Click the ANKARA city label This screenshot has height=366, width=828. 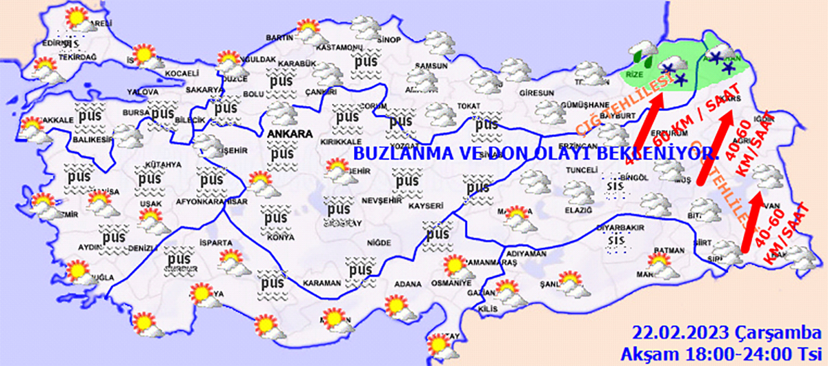tap(286, 134)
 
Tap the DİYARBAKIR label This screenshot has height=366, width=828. tap(620, 227)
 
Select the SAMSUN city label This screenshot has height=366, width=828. tap(426, 66)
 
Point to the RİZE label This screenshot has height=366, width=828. tap(633, 73)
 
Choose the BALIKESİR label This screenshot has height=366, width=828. tap(92, 139)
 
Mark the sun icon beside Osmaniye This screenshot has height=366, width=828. tap(455, 265)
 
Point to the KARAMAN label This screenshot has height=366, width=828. tap(322, 283)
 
